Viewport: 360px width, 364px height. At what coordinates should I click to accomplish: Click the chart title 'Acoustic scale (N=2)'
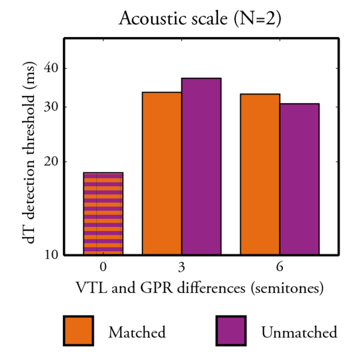(200, 19)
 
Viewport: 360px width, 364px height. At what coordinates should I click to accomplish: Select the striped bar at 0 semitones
(103, 214)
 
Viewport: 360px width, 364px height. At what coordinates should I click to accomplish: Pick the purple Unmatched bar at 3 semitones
(201, 166)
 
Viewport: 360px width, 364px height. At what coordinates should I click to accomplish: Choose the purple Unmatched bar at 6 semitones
(299, 179)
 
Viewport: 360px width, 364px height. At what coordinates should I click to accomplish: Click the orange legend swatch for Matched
(78, 331)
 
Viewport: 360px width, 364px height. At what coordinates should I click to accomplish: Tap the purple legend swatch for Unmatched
(230, 331)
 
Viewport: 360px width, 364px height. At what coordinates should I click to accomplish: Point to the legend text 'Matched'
(136, 332)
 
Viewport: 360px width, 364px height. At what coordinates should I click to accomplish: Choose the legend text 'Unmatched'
(299, 332)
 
